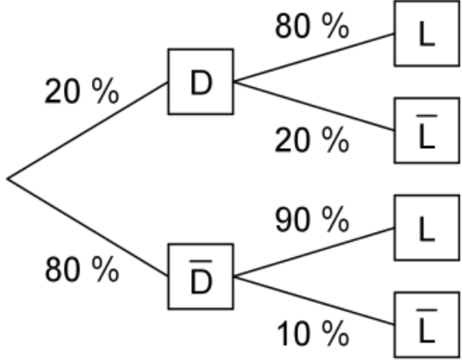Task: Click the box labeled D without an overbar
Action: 201,81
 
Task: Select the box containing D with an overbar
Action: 201,276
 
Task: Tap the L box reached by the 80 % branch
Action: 427,33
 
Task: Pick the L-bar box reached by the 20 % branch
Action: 427,130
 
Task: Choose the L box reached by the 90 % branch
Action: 427,228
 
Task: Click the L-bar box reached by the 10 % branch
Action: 427,325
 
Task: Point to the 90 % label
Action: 312,219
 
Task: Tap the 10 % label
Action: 313,334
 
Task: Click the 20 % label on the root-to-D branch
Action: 82,90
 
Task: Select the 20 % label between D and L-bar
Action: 312,140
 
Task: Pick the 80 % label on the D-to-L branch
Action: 312,26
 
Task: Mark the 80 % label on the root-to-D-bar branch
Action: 82,269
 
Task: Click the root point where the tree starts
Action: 8,178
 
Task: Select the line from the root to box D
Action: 88,131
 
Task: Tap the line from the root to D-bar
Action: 88,228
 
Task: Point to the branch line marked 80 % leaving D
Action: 314,57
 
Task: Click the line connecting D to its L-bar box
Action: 314,105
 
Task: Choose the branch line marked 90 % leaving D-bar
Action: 314,252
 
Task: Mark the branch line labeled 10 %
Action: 314,301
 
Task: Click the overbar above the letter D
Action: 201,261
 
